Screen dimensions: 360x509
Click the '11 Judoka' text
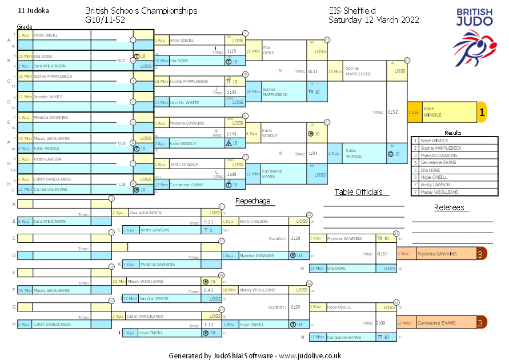coord(33,11)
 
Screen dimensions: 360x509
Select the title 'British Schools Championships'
coord(141,11)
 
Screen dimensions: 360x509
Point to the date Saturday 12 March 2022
coord(374,20)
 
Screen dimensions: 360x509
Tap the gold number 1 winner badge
coord(482,113)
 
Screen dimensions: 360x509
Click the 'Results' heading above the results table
coord(452,133)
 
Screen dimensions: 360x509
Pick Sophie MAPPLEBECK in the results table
coord(442,148)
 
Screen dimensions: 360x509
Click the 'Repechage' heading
coord(253,201)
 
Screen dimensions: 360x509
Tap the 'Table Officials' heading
coord(358,192)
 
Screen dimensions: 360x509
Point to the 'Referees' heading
coord(449,207)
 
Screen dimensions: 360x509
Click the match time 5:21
coord(209,222)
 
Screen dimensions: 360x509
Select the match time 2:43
coord(231,134)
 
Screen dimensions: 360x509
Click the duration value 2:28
coord(295,238)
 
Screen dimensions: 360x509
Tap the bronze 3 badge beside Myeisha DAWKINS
coord(481,254)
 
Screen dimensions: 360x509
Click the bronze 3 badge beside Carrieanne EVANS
coord(481,323)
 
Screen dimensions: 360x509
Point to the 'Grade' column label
coord(25,26)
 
